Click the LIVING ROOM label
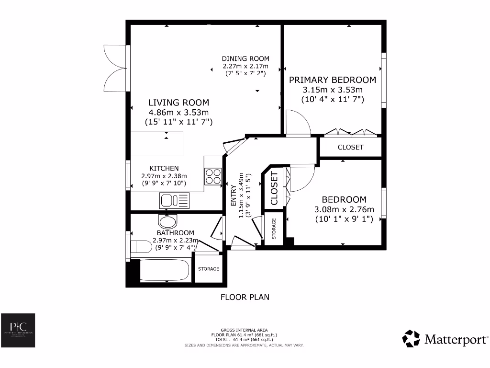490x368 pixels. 178,103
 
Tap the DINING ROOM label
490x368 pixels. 245,59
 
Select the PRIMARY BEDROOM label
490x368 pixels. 333,80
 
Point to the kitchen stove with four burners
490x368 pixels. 213,177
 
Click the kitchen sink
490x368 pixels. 175,200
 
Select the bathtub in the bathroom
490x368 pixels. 165,271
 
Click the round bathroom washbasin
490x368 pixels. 167,221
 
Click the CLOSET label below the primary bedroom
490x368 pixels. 350,147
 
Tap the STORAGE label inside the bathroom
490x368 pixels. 209,269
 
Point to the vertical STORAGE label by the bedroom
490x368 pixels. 274,229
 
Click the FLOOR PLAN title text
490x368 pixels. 245,297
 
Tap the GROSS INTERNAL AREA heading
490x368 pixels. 245,330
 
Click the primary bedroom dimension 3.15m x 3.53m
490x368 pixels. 333,90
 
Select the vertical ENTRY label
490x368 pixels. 234,196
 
